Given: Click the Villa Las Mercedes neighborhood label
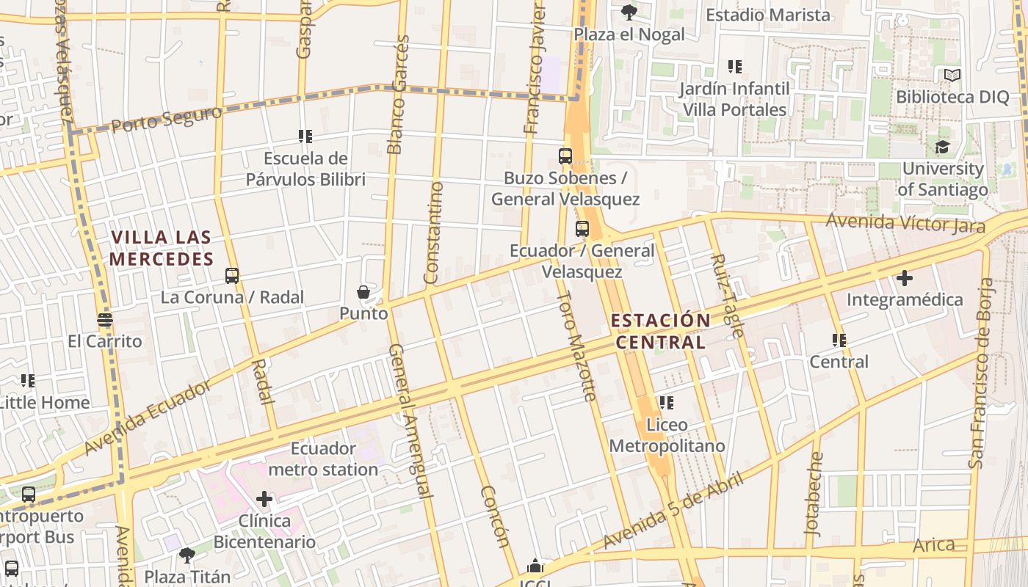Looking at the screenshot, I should (162, 248).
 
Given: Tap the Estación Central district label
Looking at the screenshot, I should (661, 331).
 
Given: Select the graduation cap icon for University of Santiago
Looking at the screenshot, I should (942, 147).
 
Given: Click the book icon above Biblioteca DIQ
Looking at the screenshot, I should (952, 75).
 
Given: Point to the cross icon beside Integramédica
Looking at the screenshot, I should (905, 278).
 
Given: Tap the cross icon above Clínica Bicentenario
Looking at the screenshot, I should (264, 500).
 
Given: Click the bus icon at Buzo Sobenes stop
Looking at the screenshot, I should (565, 156).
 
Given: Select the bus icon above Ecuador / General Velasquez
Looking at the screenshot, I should (582, 229).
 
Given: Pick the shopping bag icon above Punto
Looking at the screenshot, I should (363, 292).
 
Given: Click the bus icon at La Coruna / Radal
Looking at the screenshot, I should (232, 276).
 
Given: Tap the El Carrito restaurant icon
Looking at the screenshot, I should (105, 320).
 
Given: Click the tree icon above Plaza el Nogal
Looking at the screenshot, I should (629, 12).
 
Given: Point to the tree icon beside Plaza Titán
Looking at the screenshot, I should (187, 555).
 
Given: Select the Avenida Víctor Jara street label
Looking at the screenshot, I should (905, 222).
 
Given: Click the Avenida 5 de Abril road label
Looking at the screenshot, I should (673, 511).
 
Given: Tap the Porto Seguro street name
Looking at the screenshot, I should (167, 120).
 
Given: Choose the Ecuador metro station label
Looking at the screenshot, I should (323, 459).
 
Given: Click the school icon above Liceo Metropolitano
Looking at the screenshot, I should (667, 403).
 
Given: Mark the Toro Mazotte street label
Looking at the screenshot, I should (576, 346).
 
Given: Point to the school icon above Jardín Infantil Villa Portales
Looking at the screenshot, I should (734, 68).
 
